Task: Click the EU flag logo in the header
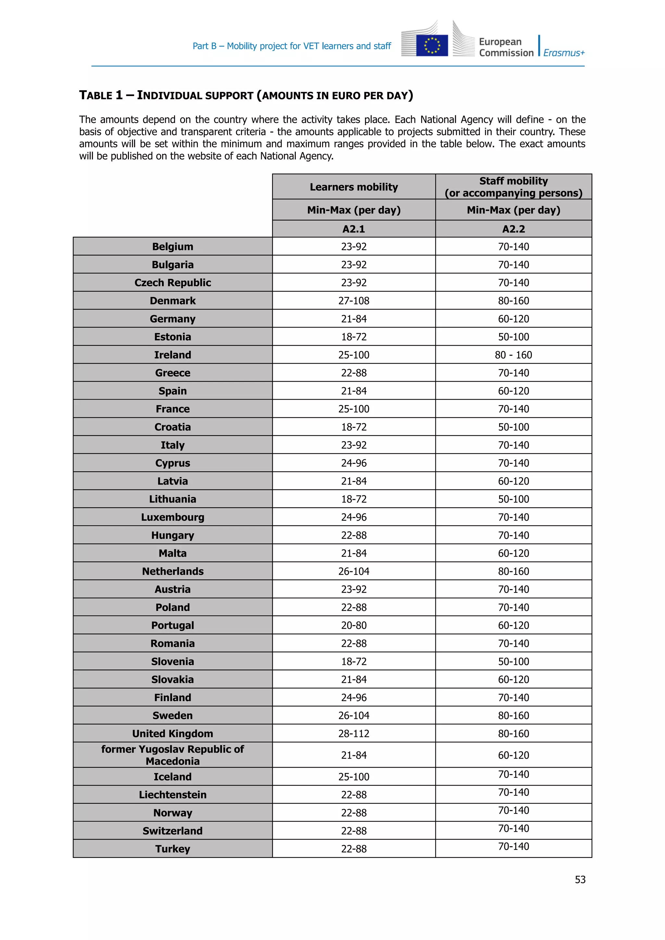pos(432,45)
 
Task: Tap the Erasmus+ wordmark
pos(564,53)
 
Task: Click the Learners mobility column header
pos(354,187)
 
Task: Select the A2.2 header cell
pos(513,229)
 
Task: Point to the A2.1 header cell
pos(354,229)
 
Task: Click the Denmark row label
pos(172,301)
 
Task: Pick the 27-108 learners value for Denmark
pos(354,301)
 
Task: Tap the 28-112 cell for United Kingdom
pos(354,734)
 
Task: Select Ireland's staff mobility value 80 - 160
pos(513,355)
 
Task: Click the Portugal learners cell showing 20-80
pos(354,625)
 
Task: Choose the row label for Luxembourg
pos(172,517)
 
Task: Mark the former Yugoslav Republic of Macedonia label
pos(172,755)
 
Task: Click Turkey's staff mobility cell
pos(513,847)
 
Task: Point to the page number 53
pos(580,880)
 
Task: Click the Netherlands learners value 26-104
pos(354,572)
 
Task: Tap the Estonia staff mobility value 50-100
pos(513,337)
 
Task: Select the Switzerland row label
pos(172,831)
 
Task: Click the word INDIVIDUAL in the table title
pos(195,96)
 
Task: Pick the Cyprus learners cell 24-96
pos(354,464)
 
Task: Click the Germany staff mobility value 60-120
pos(513,319)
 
